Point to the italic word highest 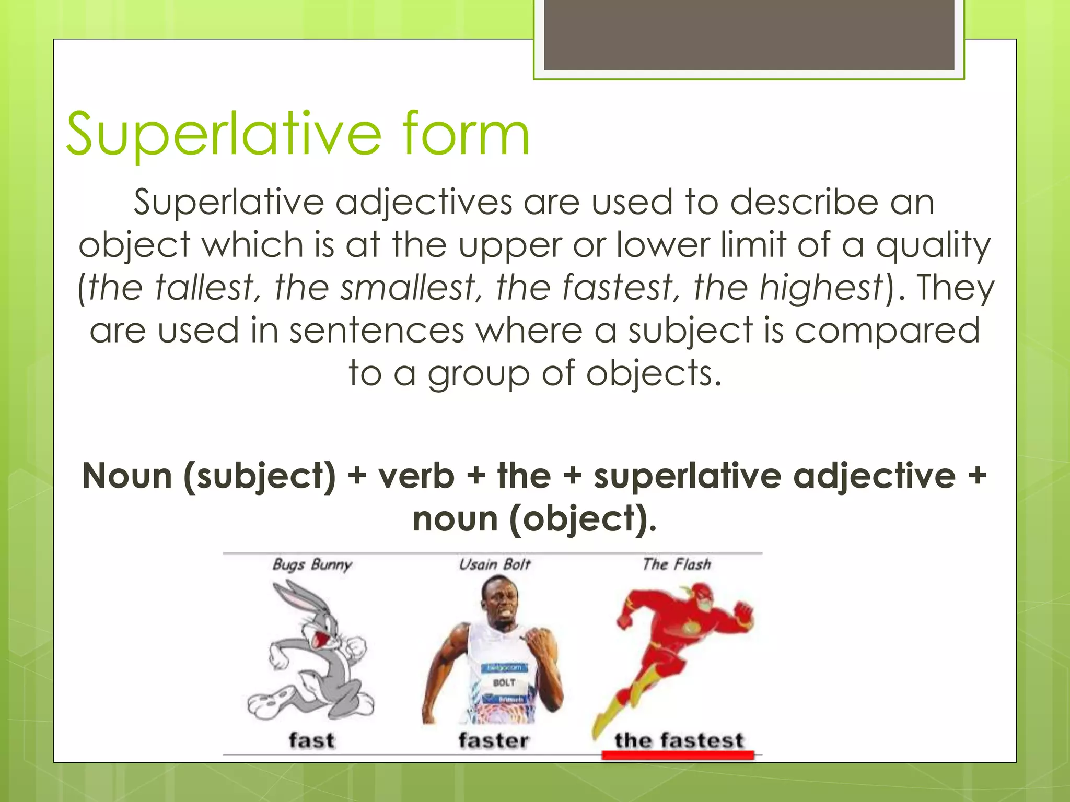[821, 288]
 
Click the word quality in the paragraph [933, 245]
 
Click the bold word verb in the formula [416, 476]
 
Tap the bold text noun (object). [534, 519]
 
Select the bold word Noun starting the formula [127, 476]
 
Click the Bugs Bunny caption [312, 564]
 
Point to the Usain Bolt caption [494, 564]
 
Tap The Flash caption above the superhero [677, 564]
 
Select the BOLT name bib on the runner [504, 682]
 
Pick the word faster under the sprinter [494, 740]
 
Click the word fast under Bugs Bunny [311, 740]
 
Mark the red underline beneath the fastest [678, 755]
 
